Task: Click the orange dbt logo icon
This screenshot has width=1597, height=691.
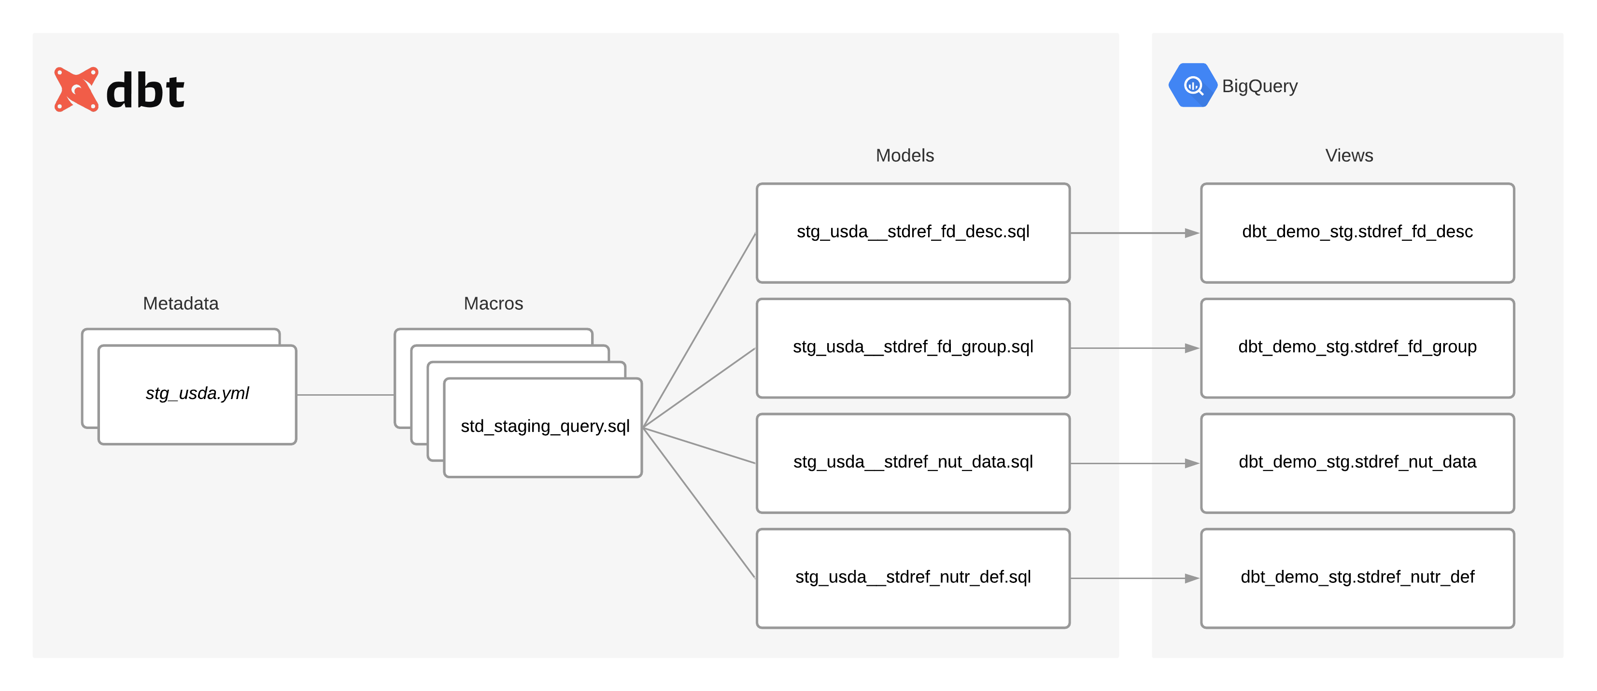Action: tap(76, 89)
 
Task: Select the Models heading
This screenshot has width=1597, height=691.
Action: tap(904, 155)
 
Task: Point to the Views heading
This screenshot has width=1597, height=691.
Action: tap(1348, 155)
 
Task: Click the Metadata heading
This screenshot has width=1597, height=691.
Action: tap(181, 303)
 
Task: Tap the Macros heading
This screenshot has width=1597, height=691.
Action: tap(493, 303)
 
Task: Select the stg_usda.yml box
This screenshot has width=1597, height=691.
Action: tap(197, 394)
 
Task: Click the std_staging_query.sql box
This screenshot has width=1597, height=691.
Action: tap(544, 427)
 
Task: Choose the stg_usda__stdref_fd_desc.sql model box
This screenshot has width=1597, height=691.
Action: tap(913, 233)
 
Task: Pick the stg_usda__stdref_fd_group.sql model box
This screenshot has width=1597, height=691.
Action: tap(913, 347)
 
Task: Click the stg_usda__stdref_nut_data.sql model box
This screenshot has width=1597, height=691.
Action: tap(913, 463)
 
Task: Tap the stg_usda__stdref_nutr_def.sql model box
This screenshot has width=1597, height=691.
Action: tap(913, 578)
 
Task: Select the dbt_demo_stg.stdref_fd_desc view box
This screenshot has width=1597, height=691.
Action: tap(1357, 233)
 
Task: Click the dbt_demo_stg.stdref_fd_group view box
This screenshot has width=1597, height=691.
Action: tap(1357, 347)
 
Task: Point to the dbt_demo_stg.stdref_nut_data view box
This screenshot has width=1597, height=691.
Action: tap(1357, 463)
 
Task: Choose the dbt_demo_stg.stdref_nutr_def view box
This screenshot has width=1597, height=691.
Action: tap(1357, 578)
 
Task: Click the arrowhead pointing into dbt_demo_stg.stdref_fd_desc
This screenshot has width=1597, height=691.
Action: tap(1191, 233)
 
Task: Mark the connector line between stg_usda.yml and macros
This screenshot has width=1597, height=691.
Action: tap(345, 395)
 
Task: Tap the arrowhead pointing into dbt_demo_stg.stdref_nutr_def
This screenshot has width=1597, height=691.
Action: tap(1191, 578)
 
